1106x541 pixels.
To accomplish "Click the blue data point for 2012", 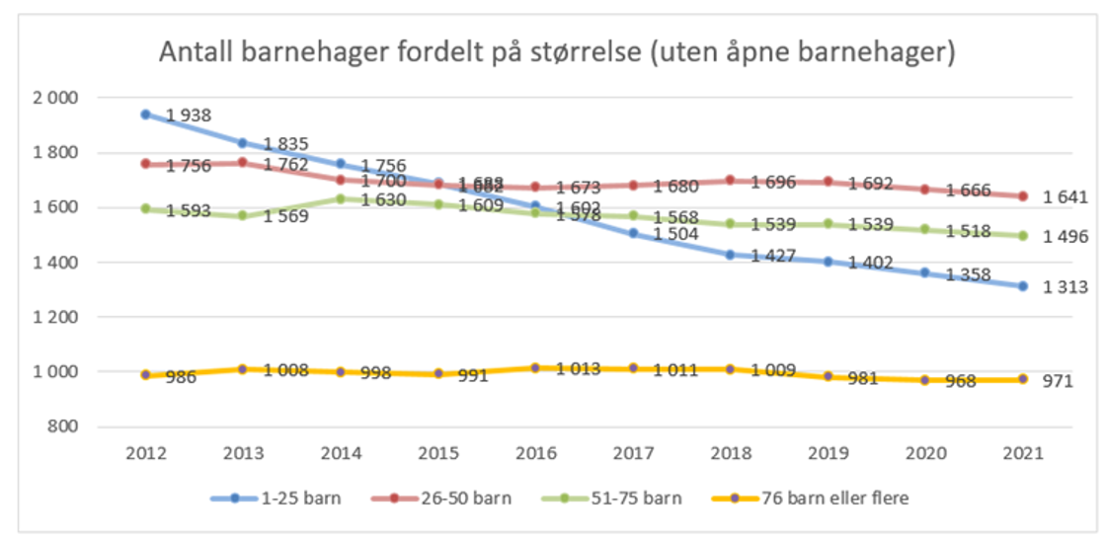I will click(x=146, y=115).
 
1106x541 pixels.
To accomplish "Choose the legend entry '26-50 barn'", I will click(x=471, y=499).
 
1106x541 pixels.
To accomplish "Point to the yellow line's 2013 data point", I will click(x=243, y=369).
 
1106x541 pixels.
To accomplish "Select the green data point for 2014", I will click(x=340, y=198).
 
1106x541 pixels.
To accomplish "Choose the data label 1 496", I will click(x=1066, y=237).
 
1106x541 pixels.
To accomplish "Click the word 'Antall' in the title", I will click(x=197, y=52).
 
